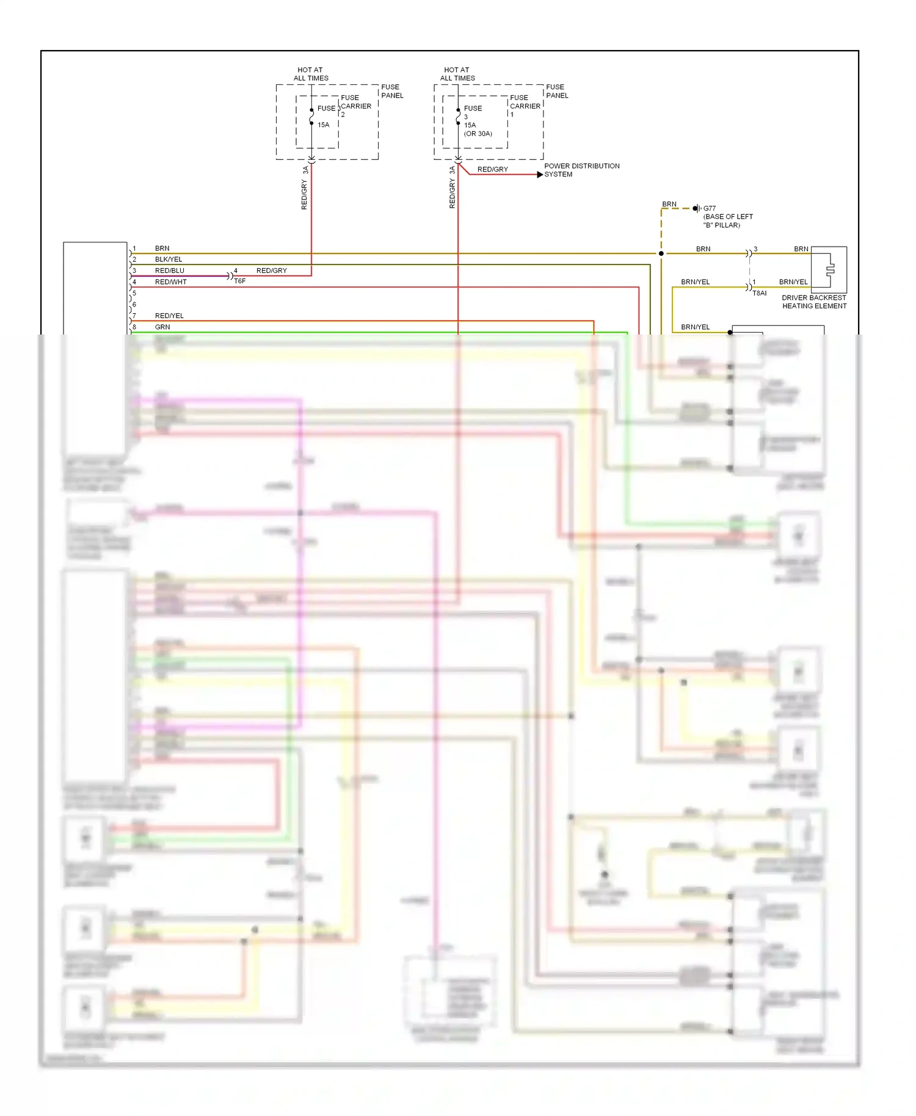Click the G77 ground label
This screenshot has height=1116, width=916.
pos(709,208)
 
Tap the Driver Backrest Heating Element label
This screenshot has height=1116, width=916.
pos(813,302)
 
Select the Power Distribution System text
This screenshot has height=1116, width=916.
pos(581,170)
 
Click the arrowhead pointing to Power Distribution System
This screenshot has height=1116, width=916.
pos(540,175)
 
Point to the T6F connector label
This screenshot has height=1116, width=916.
pos(239,281)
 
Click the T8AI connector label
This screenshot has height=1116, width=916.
pos(758,293)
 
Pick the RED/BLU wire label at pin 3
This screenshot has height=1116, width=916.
pos(169,270)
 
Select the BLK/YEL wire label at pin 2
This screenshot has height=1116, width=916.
pos(168,259)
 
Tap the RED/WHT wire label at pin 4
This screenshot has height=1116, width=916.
pos(170,282)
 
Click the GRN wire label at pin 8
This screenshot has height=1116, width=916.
pos(162,327)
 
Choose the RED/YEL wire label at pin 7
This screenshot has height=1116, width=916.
pos(169,316)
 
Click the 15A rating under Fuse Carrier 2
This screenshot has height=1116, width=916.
pos(323,125)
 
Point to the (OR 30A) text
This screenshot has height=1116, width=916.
pos(478,134)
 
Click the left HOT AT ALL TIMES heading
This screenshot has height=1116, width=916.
pos(310,74)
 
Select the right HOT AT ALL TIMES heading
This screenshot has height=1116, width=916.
pos(457,74)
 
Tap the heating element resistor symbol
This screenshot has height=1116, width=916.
pos(829,270)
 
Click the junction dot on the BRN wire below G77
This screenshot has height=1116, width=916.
pos(661,253)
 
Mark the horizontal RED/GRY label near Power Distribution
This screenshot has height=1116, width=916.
pos(492,169)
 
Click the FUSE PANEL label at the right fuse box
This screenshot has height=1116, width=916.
pos(556,91)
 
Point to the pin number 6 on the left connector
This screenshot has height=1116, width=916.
pos(134,304)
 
